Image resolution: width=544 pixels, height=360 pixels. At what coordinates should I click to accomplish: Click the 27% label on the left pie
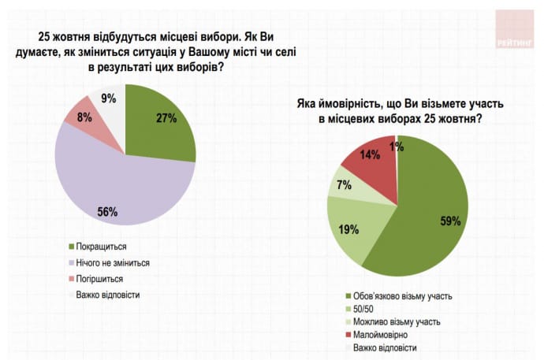point(166,118)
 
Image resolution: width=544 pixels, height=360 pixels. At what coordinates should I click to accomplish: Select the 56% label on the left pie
point(107,211)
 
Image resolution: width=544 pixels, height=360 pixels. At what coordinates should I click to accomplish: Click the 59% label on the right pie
point(450,221)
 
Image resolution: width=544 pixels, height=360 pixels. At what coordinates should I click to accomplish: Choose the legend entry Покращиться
point(101,247)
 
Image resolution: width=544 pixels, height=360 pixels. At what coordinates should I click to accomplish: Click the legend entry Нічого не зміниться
point(114,262)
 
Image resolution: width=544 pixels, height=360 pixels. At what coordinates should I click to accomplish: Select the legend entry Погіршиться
point(100,278)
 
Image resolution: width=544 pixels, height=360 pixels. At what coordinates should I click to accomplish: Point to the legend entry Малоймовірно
point(382,334)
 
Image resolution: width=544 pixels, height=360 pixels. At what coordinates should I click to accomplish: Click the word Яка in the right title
point(308,104)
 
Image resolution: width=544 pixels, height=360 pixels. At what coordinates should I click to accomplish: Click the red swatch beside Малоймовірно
point(348,334)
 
